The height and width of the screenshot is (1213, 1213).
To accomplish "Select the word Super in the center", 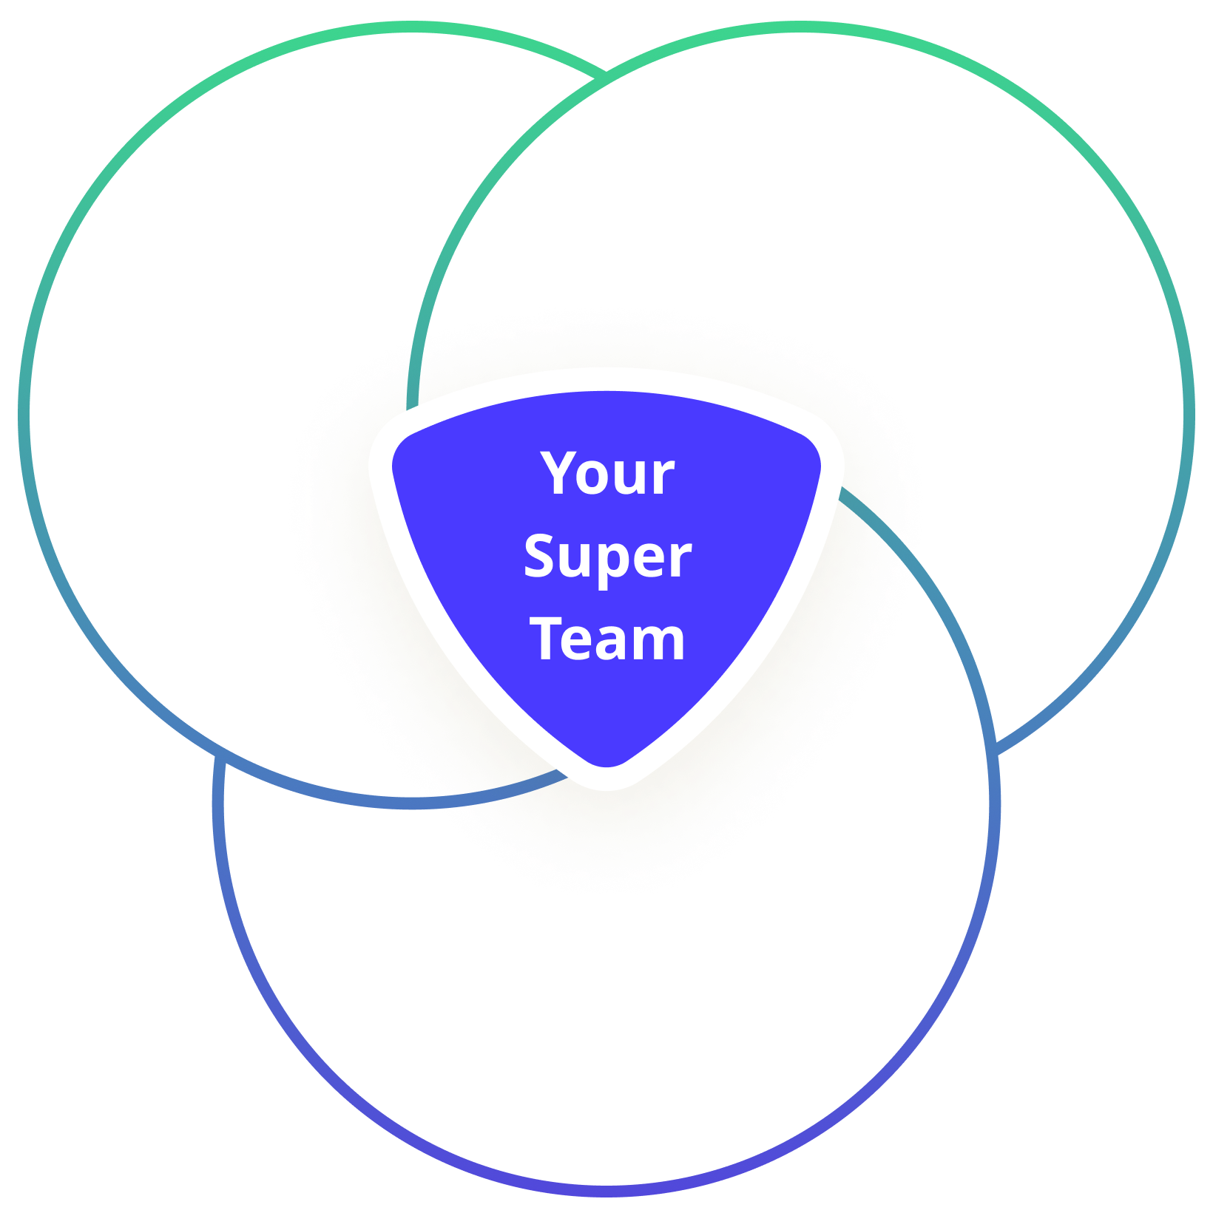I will point(607,557).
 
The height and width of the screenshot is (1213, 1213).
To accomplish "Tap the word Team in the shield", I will point(607,639).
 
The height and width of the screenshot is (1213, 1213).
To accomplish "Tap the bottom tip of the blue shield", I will point(607,776).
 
